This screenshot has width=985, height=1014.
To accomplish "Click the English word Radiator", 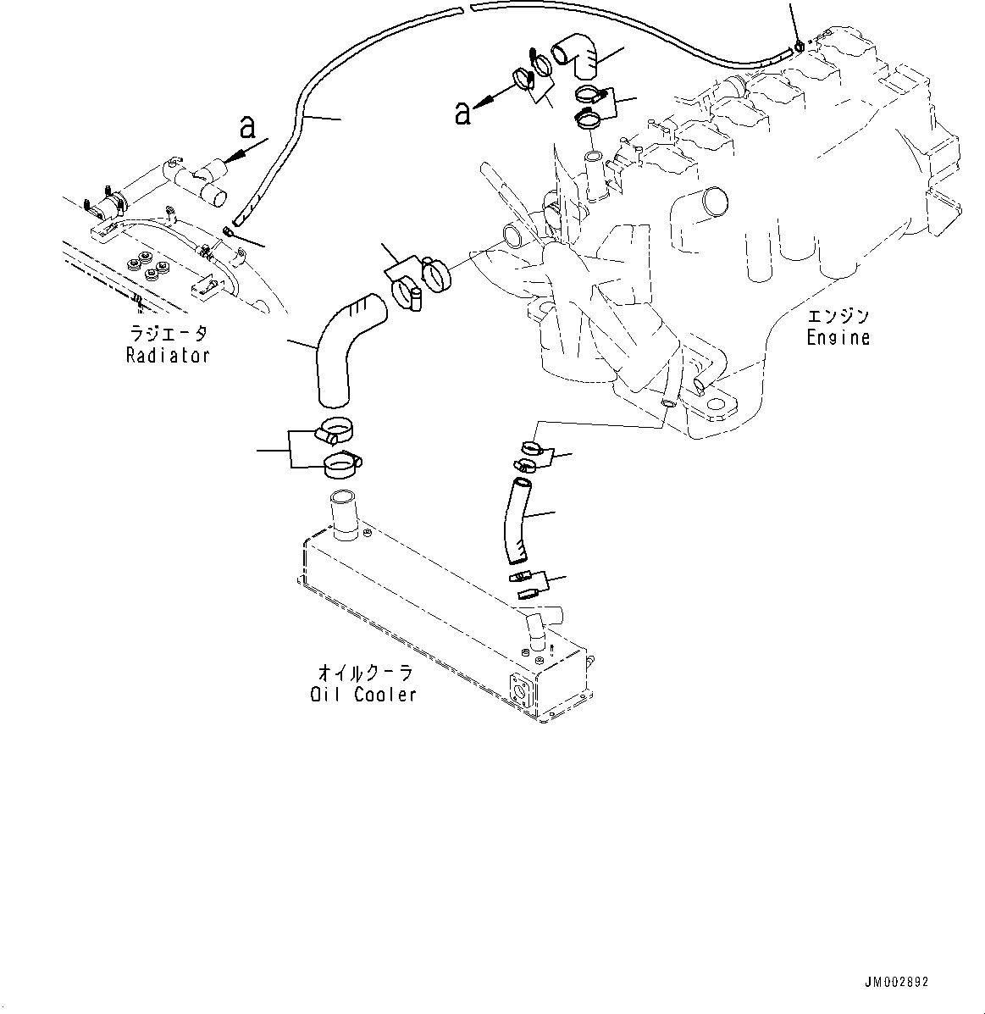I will point(167,356).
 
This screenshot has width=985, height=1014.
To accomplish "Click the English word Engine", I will point(838,338).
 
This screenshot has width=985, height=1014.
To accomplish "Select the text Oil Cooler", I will point(362,695).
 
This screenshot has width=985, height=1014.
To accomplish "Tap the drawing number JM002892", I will point(896,983).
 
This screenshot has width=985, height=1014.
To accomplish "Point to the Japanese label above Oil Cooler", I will point(364,673).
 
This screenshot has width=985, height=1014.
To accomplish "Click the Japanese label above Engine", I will point(838,317).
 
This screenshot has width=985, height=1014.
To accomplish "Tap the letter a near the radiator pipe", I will point(247,127).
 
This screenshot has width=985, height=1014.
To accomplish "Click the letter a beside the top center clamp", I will point(462,112).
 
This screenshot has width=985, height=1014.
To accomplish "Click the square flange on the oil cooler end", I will point(519,693).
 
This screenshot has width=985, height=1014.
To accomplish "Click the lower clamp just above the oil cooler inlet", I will point(340,462).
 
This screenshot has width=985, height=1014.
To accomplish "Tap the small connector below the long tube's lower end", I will point(229,231).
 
